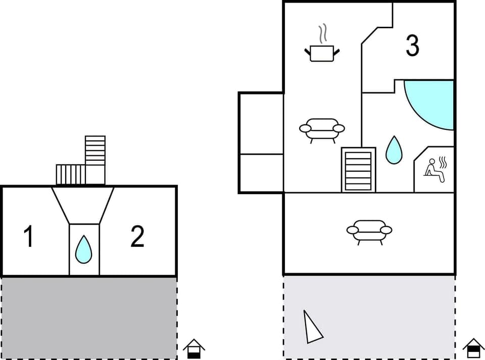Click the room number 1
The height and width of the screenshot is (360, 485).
(x=29, y=237)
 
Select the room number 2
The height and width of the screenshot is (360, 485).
(x=137, y=237)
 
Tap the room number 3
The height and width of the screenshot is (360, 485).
(x=412, y=46)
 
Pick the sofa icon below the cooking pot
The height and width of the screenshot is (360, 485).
(x=322, y=129)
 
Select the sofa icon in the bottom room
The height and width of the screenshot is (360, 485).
(x=369, y=231)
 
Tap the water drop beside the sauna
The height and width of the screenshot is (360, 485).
(x=395, y=150)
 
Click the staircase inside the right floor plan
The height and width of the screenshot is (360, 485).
(x=358, y=170)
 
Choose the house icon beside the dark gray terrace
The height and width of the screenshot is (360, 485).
(x=194, y=348)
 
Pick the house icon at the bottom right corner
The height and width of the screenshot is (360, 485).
(x=473, y=348)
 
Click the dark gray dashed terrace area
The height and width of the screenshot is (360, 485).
(x=89, y=318)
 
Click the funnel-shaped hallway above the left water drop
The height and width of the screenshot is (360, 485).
(x=83, y=205)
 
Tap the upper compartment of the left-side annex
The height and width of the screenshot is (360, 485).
(x=261, y=123)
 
